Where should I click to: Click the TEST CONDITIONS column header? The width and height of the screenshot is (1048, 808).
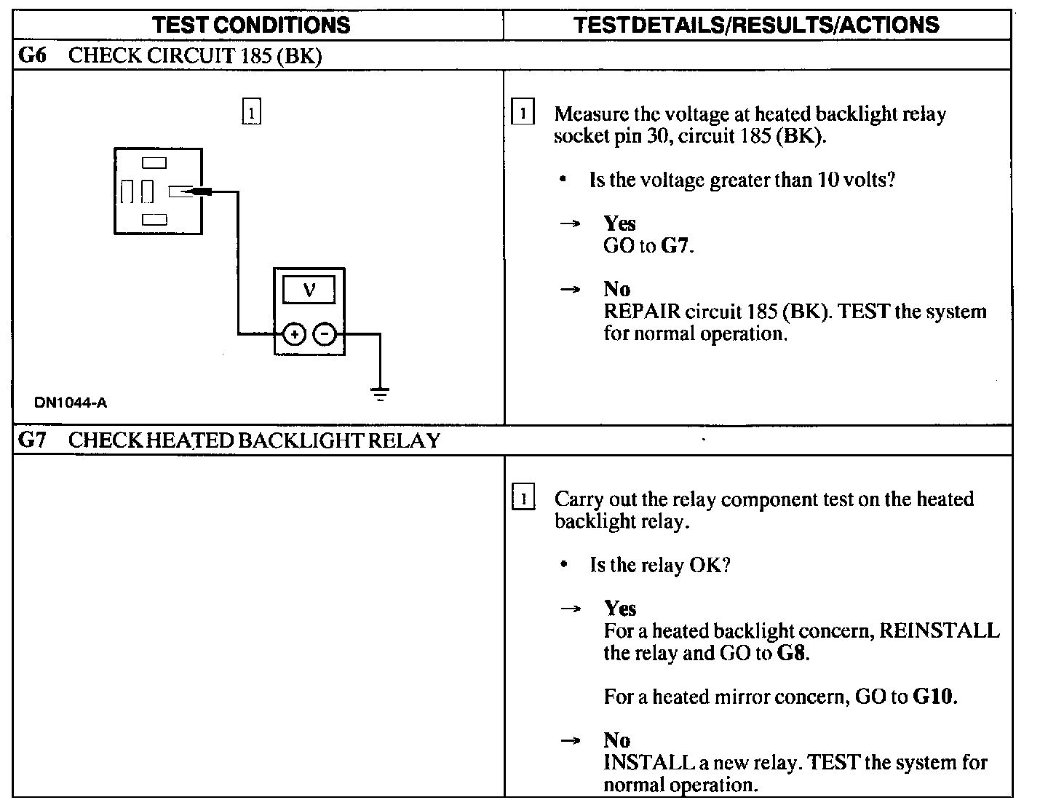[x=251, y=25]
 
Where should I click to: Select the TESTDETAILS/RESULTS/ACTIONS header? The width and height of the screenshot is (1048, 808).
[x=756, y=25]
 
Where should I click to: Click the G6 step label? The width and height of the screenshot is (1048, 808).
[x=32, y=55]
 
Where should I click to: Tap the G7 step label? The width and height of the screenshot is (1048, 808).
[x=32, y=440]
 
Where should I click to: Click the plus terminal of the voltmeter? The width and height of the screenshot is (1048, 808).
[x=294, y=334]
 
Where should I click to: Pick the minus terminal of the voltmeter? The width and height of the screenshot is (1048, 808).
[x=325, y=334]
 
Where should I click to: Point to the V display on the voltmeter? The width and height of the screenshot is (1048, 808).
[x=309, y=290]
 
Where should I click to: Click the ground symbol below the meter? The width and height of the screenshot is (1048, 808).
[x=379, y=395]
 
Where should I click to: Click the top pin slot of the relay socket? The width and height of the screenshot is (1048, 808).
[x=154, y=163]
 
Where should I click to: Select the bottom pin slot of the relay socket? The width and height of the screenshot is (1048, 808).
[x=154, y=219]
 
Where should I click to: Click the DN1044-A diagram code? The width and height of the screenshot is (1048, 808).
[x=71, y=403]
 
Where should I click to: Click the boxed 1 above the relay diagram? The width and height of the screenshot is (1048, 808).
[x=250, y=114]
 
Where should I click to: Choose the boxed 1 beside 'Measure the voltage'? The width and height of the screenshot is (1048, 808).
[x=523, y=114]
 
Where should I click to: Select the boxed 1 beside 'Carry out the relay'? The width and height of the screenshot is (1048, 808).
[x=523, y=499]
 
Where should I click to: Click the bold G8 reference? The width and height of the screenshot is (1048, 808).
[x=791, y=652]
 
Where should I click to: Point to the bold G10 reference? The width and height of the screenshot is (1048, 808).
[x=934, y=697]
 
